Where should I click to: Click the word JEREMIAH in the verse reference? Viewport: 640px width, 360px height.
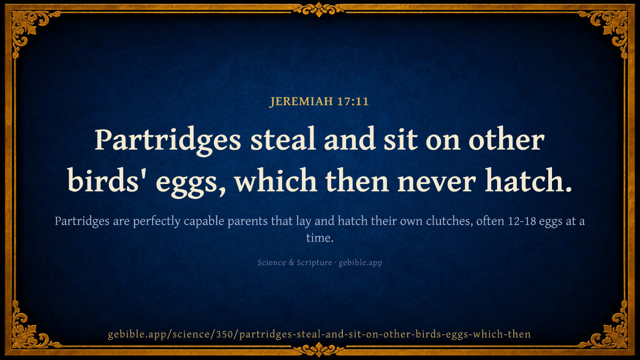(x=301, y=101)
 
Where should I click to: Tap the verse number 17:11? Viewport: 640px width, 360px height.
(x=353, y=101)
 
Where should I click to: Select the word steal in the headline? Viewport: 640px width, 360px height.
(x=283, y=139)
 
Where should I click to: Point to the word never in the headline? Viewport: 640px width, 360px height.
(x=436, y=181)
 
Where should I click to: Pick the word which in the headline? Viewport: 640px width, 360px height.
(x=276, y=180)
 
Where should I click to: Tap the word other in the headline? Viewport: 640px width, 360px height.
(x=506, y=139)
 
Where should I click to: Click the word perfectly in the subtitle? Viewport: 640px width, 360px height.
(x=157, y=221)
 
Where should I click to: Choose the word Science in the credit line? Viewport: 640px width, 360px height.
(x=271, y=262)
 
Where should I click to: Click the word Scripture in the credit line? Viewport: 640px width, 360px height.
(x=314, y=263)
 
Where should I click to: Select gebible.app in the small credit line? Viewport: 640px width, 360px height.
(x=361, y=263)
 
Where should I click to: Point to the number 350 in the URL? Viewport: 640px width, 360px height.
(x=225, y=334)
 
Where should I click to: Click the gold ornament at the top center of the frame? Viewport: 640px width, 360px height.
(x=319, y=10)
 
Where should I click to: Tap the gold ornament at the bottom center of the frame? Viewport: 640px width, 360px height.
(x=319, y=349)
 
